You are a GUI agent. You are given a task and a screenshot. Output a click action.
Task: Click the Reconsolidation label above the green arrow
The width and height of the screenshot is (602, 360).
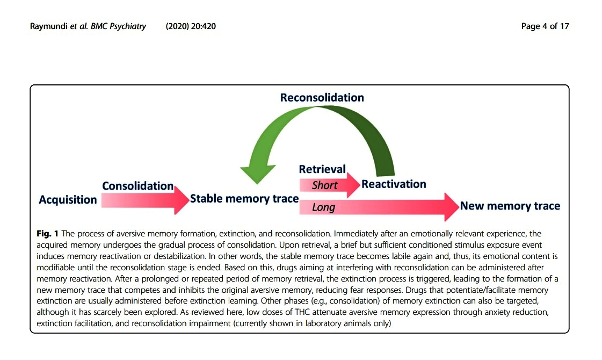322,97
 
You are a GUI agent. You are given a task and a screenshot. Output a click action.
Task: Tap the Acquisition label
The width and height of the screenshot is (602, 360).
68,200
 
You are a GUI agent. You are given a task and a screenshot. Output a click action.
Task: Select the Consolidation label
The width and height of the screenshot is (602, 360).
137,186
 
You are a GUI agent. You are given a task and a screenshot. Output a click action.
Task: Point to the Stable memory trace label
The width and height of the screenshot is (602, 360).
244,199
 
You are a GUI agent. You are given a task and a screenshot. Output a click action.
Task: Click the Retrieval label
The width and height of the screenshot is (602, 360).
322,169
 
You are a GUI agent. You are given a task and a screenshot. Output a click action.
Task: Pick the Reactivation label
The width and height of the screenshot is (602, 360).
394,184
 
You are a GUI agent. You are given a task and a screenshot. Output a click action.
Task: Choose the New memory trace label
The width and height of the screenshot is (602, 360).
510,206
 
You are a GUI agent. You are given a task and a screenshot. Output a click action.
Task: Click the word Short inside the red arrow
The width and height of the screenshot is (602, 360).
324,185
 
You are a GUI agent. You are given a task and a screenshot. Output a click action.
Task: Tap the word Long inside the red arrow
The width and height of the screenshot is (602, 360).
323,207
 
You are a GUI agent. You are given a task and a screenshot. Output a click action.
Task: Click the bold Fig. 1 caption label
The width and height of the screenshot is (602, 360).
48,233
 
